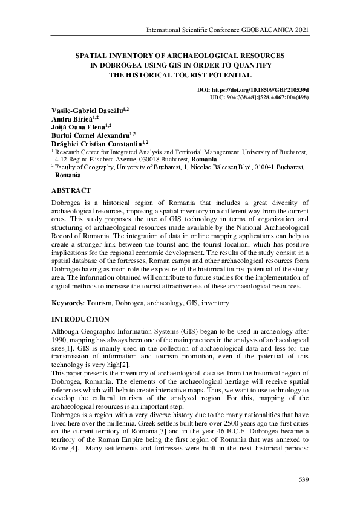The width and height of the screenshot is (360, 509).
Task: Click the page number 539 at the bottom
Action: (x=304, y=479)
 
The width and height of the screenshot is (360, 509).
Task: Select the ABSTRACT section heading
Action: (x=71, y=190)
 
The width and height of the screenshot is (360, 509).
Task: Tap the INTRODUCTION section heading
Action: (x=80, y=319)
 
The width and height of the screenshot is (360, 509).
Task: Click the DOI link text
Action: (x=253, y=90)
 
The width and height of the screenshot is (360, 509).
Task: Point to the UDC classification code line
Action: (x=259, y=97)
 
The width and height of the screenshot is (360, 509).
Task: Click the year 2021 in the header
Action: (x=301, y=30)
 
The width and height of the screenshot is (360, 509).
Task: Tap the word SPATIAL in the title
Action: (x=93, y=54)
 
